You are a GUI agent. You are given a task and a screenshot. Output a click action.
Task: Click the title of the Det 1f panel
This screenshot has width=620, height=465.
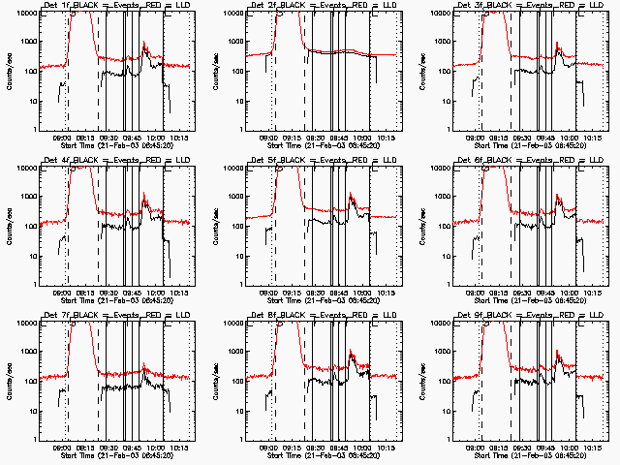click(106, 7)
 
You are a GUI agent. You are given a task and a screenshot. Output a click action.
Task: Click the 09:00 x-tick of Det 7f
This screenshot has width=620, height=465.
click(61, 448)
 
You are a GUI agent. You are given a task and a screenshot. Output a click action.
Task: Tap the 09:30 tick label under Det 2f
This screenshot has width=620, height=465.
click(316, 138)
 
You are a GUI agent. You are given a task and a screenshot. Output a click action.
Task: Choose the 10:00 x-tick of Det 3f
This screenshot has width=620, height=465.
click(570, 138)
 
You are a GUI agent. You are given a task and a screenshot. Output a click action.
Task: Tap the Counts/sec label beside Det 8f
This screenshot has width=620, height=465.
click(214, 381)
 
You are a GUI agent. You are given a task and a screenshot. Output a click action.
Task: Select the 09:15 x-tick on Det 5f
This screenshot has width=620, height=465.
click(293, 293)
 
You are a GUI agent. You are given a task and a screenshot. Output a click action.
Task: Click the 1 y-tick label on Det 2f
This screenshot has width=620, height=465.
click(238, 129)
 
